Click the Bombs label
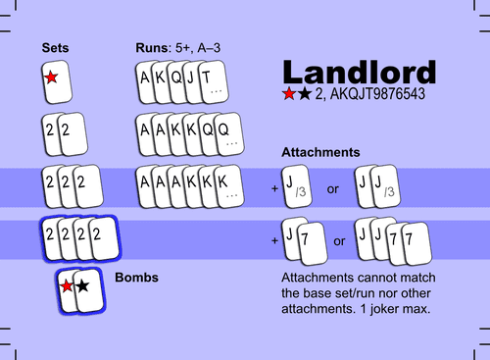tap(136, 278)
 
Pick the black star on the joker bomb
tap(84, 286)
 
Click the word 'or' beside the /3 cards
tap(331, 189)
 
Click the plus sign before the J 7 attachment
tap(275, 239)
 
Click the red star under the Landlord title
tap(289, 94)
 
